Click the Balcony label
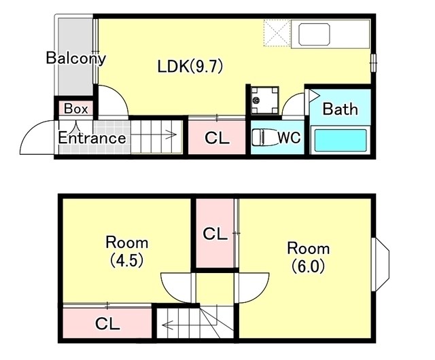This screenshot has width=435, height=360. coord(75,58)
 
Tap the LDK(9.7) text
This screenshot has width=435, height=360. coord(190,67)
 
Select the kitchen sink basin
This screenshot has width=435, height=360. coord(314,35)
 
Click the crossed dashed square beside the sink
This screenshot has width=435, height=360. coord(277,33)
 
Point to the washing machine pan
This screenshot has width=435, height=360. coord(264,100)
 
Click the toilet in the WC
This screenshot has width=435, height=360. coord(264,138)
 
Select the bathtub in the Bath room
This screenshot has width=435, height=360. coord(341,140)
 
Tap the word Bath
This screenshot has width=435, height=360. coord(340,109)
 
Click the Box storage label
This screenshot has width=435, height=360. coord(75,109)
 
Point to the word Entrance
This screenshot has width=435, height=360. coord(92,138)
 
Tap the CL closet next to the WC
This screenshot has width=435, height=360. coord(217,137)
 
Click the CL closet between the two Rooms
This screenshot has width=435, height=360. coord(215,234)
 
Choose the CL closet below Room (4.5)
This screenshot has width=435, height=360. coord(107,323)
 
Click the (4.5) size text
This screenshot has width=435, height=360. coord(127,260)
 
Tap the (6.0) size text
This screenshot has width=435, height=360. coord(308,266)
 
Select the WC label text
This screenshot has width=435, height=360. coord(289,137)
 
